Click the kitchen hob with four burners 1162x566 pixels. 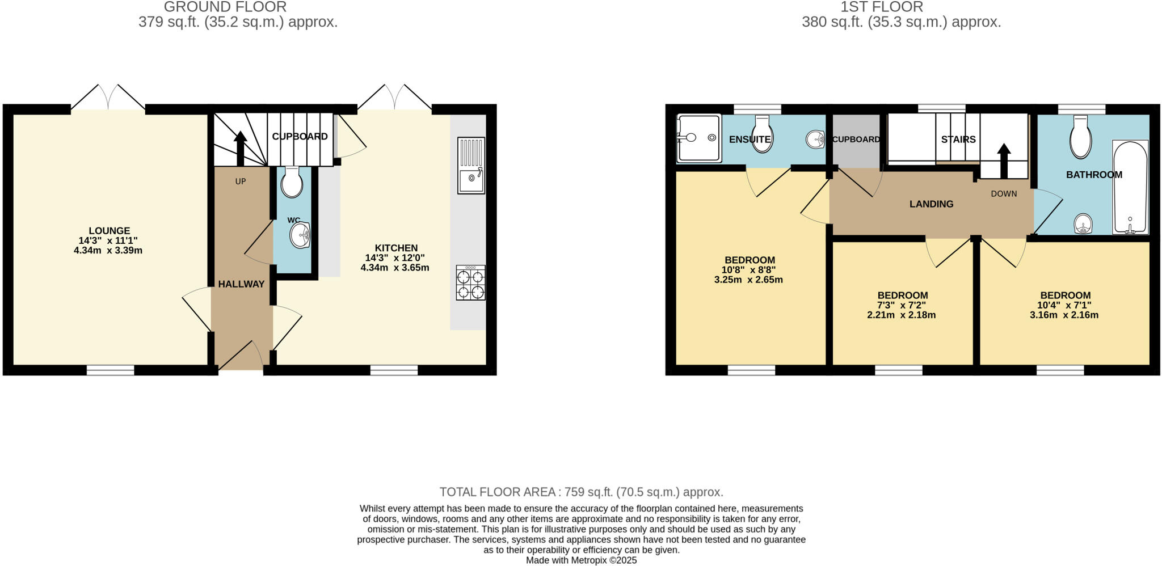470,282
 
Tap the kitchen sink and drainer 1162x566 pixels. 471,165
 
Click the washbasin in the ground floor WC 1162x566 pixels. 299,235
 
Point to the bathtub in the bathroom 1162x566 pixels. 1130,187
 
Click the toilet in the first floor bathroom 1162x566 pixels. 1080,138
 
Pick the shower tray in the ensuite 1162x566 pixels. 698,138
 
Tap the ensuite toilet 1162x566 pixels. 761,135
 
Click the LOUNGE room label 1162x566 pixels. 109,231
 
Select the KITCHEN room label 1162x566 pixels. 396,248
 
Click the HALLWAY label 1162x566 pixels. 241,284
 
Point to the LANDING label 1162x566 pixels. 931,204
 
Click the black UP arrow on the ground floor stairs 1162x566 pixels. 240,148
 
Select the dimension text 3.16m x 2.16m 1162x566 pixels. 1064,315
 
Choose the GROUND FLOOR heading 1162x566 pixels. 225,7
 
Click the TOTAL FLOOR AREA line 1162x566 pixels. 581,492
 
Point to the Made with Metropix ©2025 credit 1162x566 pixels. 581,560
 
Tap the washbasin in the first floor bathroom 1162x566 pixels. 1083,223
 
